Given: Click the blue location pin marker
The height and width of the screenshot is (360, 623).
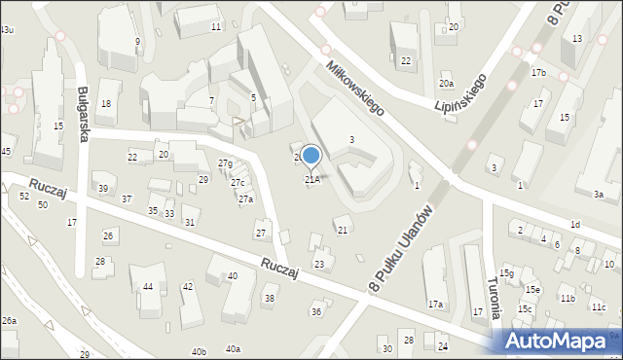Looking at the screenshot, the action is pyautogui.click(x=311, y=156).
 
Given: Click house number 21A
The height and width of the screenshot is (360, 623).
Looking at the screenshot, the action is pyautogui.click(x=311, y=179).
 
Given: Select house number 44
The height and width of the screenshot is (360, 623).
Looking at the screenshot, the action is pyautogui.click(x=148, y=286).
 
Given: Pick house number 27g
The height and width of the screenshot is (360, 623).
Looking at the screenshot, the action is pyautogui.click(x=225, y=162).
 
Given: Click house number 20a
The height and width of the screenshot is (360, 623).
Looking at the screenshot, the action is pyautogui.click(x=446, y=86).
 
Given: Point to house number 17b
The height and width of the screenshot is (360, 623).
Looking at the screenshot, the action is pyautogui.click(x=538, y=73).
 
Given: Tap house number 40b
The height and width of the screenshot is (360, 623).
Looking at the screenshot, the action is pyautogui.click(x=199, y=351).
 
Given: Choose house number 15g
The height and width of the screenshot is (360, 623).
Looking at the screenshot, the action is pyautogui.click(x=506, y=273).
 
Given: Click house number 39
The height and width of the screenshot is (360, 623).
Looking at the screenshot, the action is pyautogui.click(x=102, y=188).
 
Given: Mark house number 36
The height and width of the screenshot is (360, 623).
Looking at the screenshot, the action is pyautogui.click(x=315, y=311).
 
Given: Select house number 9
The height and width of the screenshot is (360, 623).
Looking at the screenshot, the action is pyautogui.click(x=137, y=41).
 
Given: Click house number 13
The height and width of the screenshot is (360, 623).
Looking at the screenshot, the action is pyautogui.click(x=578, y=37).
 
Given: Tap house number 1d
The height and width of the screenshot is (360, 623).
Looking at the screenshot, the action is pyautogui.click(x=575, y=225).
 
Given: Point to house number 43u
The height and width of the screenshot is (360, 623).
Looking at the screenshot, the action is pyautogui.click(x=7, y=30).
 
